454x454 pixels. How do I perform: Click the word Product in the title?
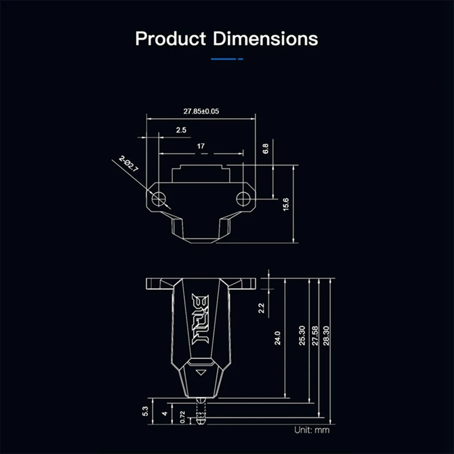(171, 39)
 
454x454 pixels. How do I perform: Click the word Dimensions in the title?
(266, 39)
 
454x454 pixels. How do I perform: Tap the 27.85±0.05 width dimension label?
(201, 111)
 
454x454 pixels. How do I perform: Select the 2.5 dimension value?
(181, 130)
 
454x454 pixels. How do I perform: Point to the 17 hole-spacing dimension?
(201, 146)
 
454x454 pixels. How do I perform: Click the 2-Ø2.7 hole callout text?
(128, 164)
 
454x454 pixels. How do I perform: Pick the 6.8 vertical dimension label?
(266, 149)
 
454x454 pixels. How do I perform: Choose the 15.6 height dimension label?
(286, 204)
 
